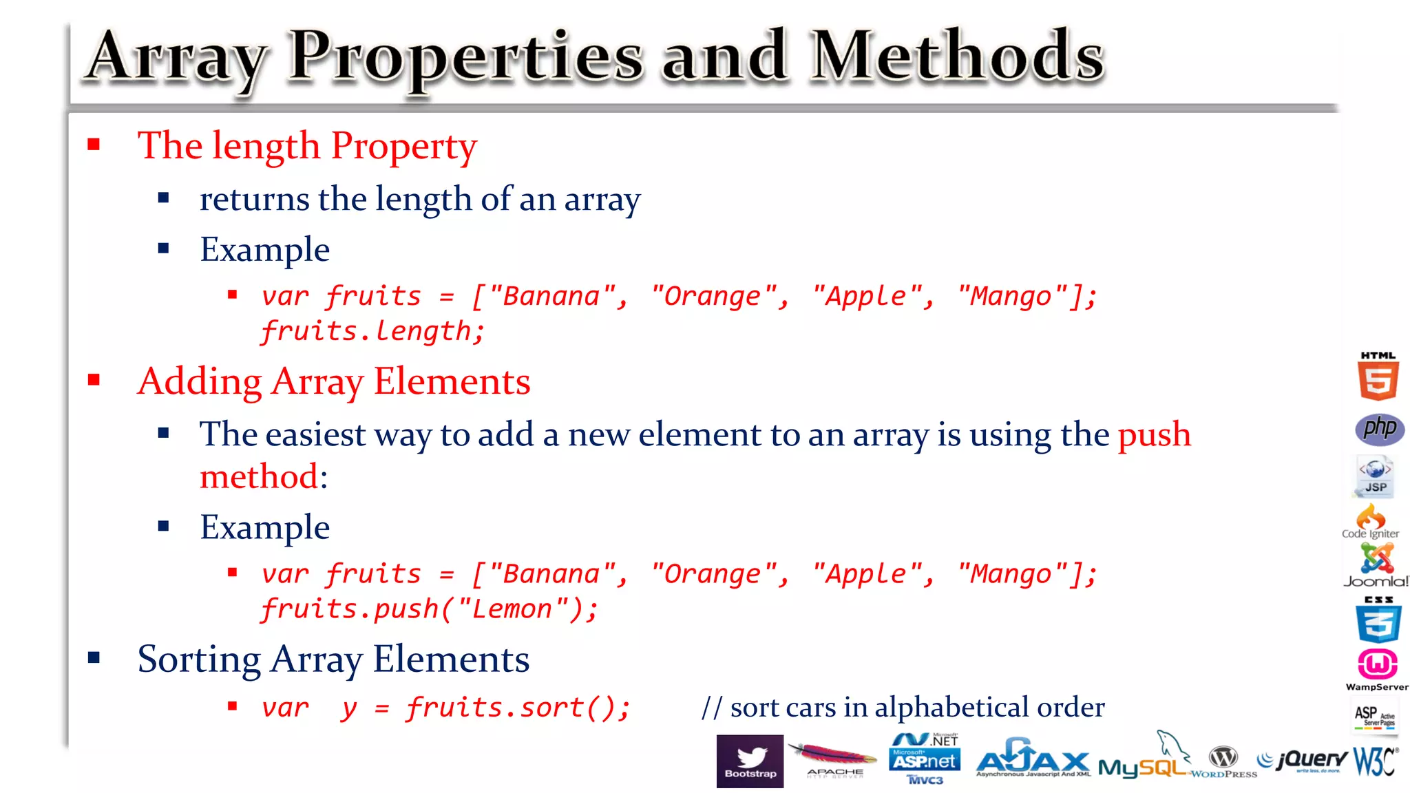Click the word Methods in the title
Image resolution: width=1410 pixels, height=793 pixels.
pyautogui.click(x=957, y=56)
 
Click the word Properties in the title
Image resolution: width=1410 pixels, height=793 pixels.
pyautogui.click(x=465, y=59)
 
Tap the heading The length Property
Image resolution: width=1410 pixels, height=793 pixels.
pyautogui.click(x=307, y=146)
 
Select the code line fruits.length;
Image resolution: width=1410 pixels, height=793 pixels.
pyautogui.click(x=372, y=332)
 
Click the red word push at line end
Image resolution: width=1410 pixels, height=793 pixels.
pyautogui.click(x=1154, y=435)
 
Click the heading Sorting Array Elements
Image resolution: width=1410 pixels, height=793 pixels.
pyautogui.click(x=333, y=659)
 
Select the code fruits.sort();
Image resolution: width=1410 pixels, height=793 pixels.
pyautogui.click(x=518, y=708)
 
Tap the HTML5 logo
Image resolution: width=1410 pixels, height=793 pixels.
pyautogui.click(x=1378, y=377)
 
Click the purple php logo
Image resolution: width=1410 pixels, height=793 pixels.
pyautogui.click(x=1379, y=429)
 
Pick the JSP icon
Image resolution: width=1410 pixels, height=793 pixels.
pyautogui.click(x=1375, y=476)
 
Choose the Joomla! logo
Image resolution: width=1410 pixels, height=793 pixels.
pyautogui.click(x=1376, y=565)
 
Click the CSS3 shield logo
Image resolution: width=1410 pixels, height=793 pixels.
pyautogui.click(x=1378, y=620)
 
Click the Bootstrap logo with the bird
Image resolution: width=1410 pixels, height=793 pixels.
pyautogui.click(x=750, y=761)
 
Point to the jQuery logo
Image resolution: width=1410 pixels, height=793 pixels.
pyautogui.click(x=1303, y=760)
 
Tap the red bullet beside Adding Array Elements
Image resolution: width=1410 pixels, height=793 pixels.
pyautogui.click(x=94, y=380)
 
